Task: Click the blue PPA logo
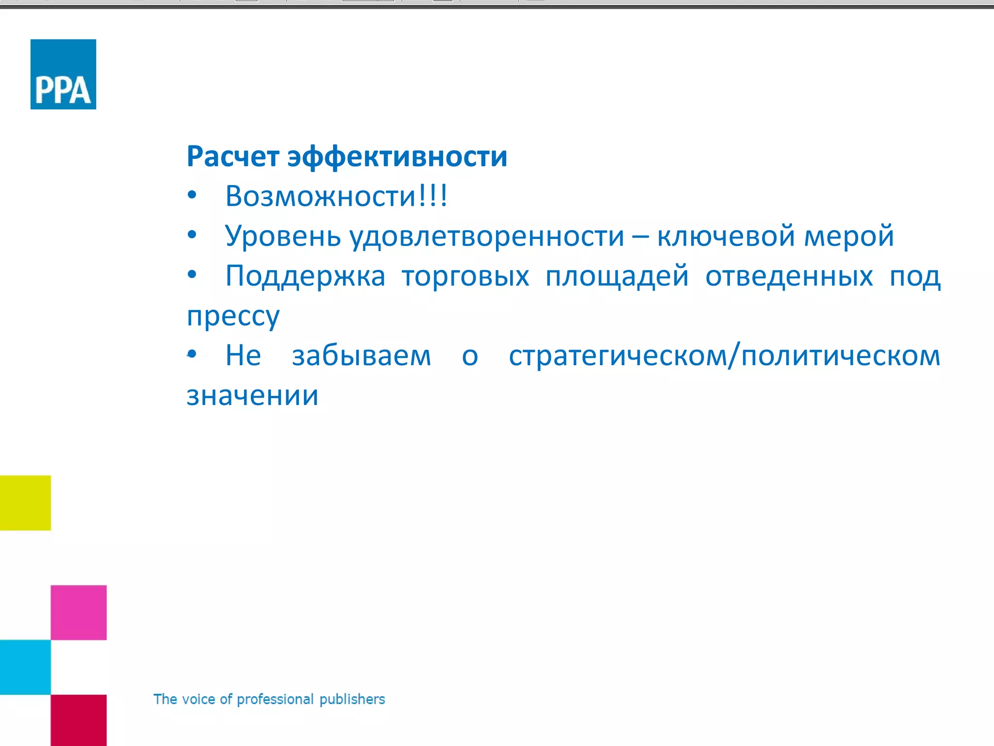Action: point(63,74)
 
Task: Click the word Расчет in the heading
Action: point(233,157)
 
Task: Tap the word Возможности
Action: point(320,196)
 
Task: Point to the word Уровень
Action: point(283,237)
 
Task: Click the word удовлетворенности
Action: point(487,237)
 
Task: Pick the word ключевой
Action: point(726,237)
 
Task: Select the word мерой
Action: point(849,237)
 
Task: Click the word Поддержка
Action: point(305,276)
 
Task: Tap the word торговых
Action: point(465,276)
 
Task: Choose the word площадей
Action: point(617,276)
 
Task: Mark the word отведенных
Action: point(789,276)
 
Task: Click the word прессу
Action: point(233,317)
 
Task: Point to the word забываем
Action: point(361,356)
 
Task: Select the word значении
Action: point(252,396)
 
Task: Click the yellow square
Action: point(25,503)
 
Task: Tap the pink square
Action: point(79,612)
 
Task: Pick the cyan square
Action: point(25,667)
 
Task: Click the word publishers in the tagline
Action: point(352,699)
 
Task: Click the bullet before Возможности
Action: point(192,195)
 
